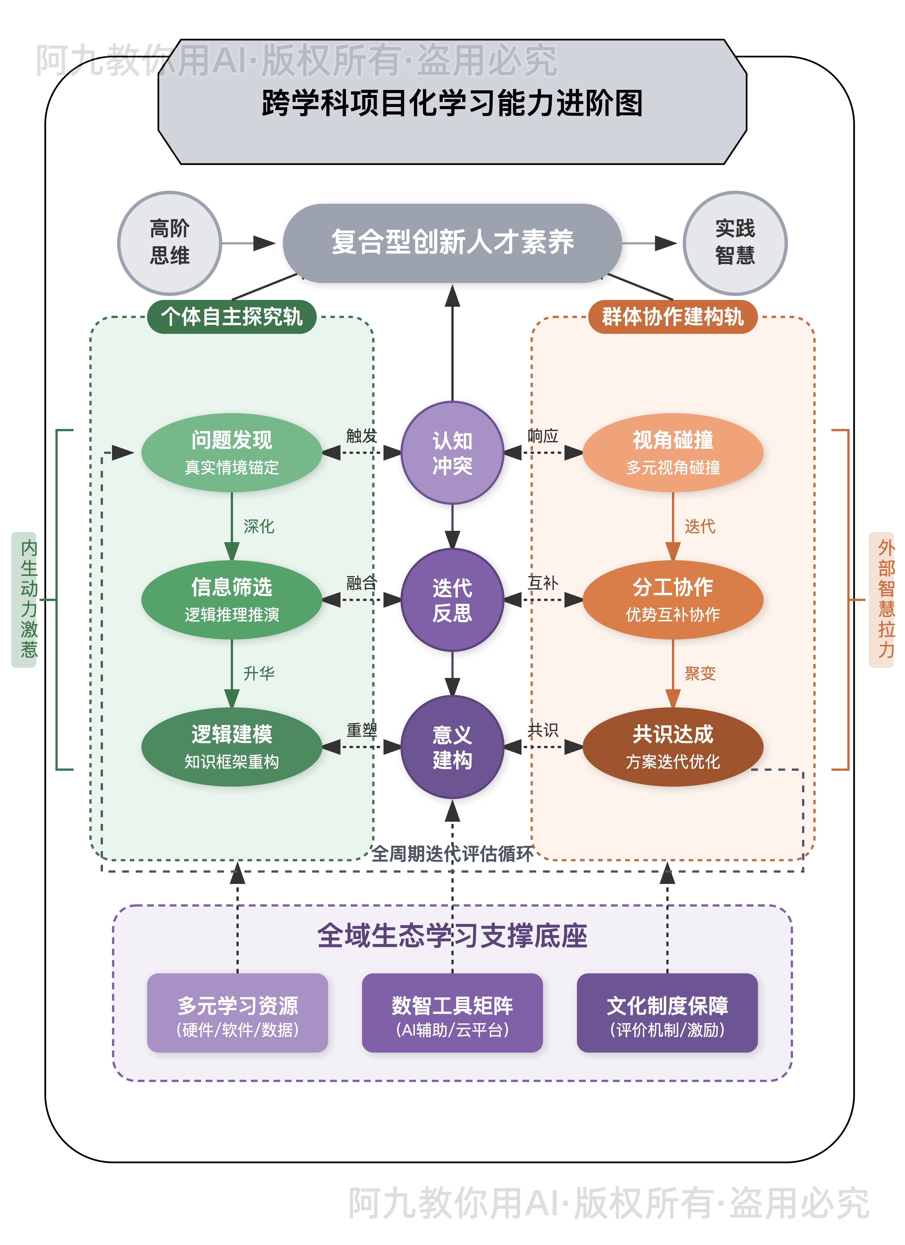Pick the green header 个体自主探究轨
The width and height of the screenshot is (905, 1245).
232,317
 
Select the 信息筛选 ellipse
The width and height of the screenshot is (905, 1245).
232,600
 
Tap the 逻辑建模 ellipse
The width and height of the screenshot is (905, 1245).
232,746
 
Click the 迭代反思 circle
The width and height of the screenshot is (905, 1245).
452,600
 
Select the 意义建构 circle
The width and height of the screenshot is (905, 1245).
452,746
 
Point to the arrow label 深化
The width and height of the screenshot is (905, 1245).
258,526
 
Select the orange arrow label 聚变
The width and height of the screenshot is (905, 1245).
700,673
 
